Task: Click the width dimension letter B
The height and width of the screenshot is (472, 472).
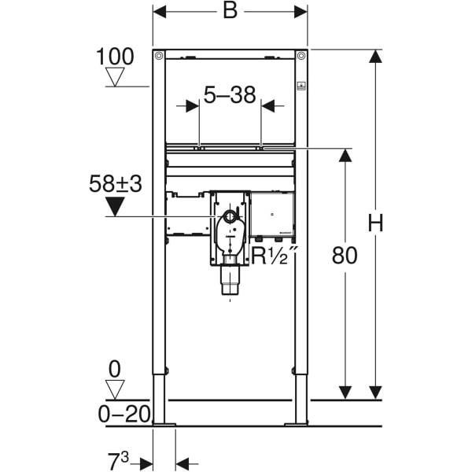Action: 230,12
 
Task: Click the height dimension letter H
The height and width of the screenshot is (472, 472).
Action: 375,223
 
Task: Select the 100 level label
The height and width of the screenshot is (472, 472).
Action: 115,57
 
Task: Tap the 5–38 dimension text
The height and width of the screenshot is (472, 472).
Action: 230,94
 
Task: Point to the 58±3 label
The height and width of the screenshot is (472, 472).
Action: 116,183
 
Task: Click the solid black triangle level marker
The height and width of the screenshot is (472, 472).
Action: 115,206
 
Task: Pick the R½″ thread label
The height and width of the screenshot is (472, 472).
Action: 274,255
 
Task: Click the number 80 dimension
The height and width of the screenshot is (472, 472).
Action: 345,255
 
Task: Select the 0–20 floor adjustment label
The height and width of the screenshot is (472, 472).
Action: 124,414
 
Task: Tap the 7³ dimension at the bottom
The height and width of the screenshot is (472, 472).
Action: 118,461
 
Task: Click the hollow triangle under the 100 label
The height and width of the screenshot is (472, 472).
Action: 115,77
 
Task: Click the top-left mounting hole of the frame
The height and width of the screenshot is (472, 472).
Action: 159,56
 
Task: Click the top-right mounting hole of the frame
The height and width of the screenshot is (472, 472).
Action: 301,56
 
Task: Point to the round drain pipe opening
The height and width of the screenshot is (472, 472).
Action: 230,216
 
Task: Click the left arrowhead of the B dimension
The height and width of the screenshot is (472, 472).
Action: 160,12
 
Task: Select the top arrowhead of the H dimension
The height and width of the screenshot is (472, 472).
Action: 375,57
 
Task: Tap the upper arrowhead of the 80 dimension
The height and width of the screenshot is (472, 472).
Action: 345,156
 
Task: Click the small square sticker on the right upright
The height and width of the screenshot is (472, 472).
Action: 301,86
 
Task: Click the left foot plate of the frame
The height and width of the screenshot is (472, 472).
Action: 164,425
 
